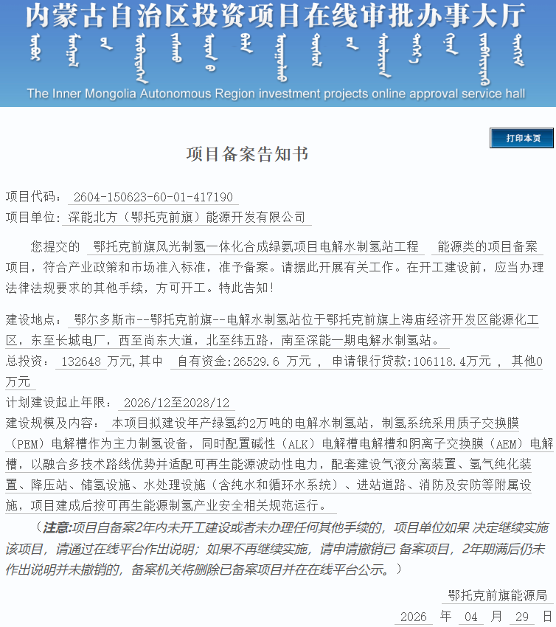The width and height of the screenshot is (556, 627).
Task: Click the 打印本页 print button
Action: [x=521, y=139]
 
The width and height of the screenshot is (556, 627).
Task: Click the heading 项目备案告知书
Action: [x=247, y=155]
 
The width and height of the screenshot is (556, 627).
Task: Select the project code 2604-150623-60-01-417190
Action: [x=153, y=197]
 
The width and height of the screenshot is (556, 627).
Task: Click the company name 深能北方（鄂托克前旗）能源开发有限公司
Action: [x=187, y=217]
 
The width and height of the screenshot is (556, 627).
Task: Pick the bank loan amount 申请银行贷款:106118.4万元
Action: [x=411, y=361]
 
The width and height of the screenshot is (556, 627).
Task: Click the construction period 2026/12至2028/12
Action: [x=177, y=403]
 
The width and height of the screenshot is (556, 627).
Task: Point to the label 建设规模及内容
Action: [x=50, y=423]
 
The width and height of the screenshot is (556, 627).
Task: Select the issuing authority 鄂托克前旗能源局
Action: [x=498, y=595]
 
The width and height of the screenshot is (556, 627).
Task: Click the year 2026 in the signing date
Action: [x=412, y=616]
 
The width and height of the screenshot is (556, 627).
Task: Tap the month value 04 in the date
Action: [x=471, y=616]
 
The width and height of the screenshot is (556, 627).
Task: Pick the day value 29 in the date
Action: [x=522, y=616]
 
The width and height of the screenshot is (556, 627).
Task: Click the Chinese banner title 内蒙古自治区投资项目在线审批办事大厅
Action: [x=276, y=16]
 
